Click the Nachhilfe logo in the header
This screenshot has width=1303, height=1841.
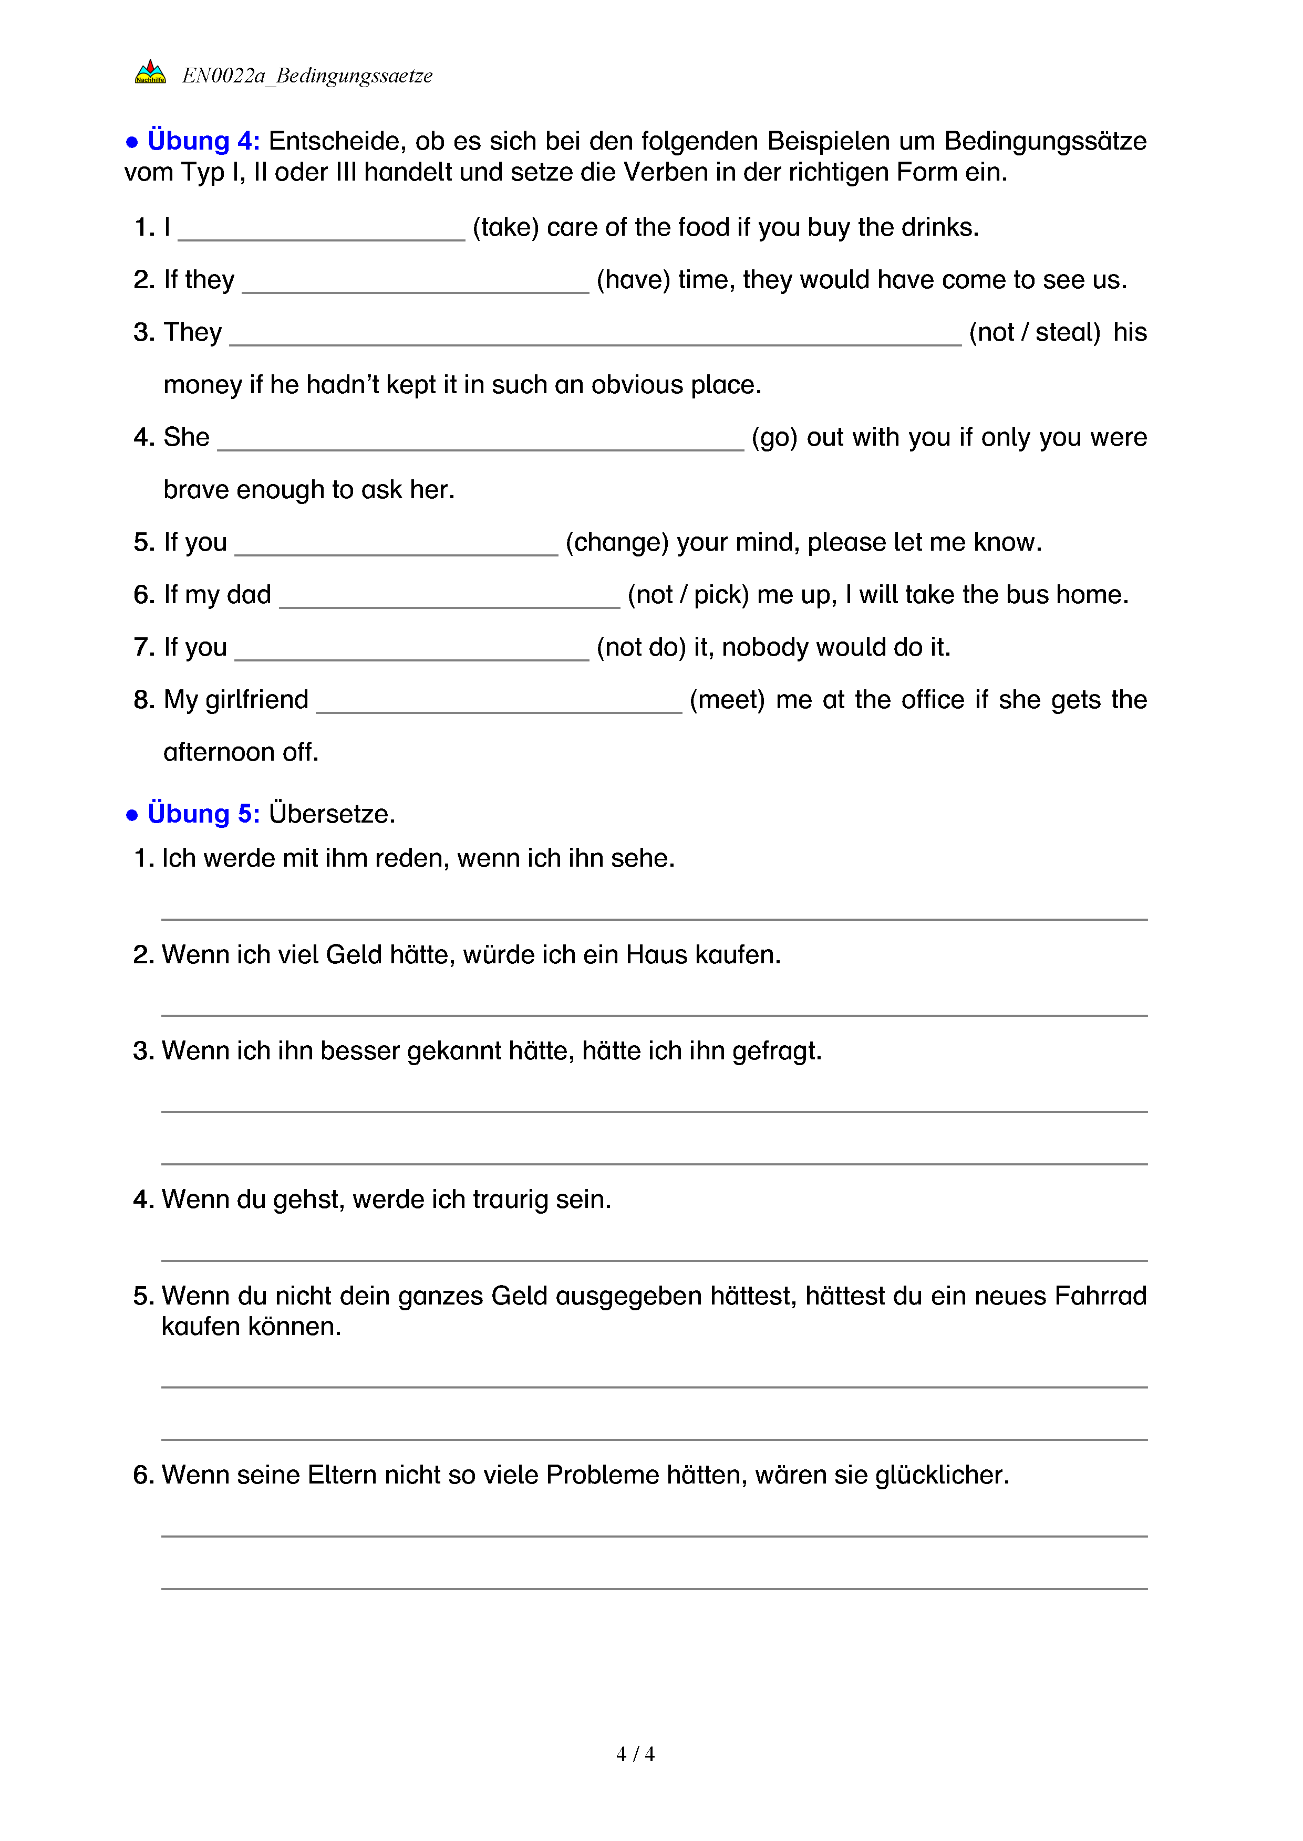(x=150, y=72)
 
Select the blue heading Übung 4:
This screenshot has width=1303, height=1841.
(x=203, y=141)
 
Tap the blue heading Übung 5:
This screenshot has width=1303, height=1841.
(x=203, y=814)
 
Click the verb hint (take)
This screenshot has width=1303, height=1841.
(x=505, y=228)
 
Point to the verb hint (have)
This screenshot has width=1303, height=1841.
(x=633, y=280)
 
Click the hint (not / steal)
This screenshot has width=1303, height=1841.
(x=1034, y=332)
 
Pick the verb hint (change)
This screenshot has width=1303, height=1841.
(x=617, y=542)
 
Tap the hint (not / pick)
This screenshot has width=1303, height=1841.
(x=688, y=595)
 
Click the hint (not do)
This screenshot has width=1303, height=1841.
(x=641, y=647)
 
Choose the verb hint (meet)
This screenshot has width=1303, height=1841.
(x=727, y=700)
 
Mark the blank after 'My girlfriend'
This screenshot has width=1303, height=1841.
(x=499, y=705)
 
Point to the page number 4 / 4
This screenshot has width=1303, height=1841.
(x=635, y=1754)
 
